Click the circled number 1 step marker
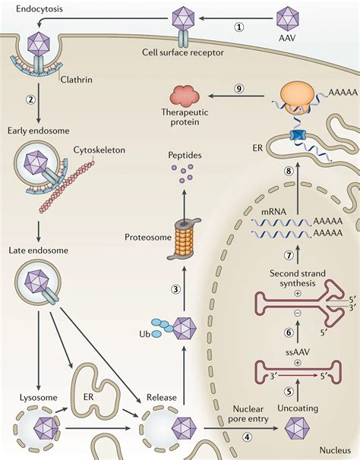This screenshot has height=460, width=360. [x=238, y=27]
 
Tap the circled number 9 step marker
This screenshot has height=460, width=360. [x=238, y=88]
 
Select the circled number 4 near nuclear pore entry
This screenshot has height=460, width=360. [x=247, y=437]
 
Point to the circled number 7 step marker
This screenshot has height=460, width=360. [x=289, y=256]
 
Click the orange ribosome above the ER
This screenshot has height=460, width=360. [x=299, y=98]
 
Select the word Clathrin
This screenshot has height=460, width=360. [x=76, y=80]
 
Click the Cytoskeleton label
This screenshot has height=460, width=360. [x=99, y=150]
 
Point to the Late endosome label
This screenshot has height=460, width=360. [x=38, y=250]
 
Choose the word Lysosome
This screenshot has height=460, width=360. [x=38, y=398]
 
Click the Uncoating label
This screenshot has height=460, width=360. [x=298, y=408]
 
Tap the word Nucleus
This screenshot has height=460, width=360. [x=335, y=450]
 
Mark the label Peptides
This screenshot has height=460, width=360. [x=185, y=155]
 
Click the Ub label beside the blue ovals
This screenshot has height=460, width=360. [x=145, y=334]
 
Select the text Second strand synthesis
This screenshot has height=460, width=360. [x=298, y=279]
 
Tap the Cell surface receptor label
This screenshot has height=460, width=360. [x=182, y=52]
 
